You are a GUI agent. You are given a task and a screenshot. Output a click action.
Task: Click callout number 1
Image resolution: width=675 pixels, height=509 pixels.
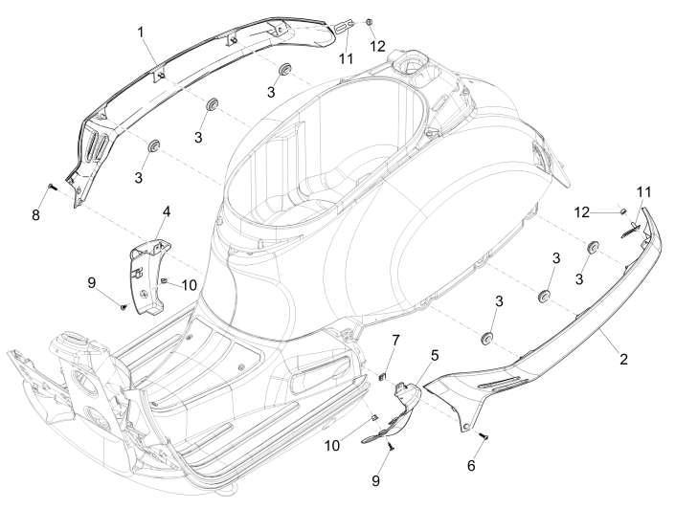coord(140,32)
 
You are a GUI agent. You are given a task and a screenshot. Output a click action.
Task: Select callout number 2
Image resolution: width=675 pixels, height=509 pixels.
coord(623,359)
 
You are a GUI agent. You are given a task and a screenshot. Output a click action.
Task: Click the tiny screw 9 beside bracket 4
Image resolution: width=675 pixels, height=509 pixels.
coord(125,306)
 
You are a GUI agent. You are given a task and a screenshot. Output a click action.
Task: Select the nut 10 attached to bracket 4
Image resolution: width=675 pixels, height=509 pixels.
coord(163,280)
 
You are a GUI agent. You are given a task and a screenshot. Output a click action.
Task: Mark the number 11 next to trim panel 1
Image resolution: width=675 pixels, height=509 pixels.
coord(346,58)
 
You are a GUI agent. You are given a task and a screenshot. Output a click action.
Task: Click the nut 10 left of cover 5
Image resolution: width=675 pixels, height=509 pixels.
coord(376,418)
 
